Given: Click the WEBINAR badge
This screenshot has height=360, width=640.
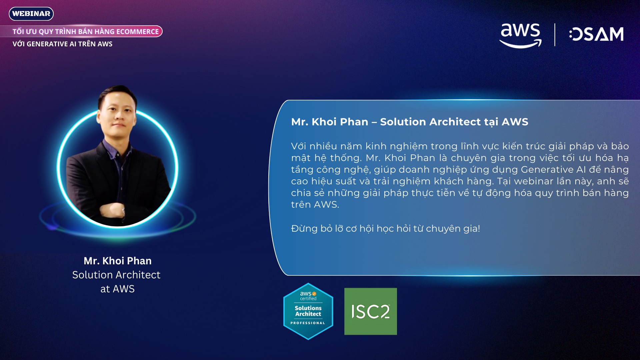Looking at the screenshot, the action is coord(31,14).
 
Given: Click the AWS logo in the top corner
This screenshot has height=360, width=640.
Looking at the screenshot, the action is coord(520,35).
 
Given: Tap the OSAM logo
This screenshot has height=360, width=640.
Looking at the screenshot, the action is coord(596,34).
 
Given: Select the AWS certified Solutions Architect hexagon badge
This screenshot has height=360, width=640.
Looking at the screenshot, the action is coord(308,311).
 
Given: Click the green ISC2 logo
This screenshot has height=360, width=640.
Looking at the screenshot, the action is coord(371,311).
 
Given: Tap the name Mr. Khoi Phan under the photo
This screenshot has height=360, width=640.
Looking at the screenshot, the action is coord(118,261).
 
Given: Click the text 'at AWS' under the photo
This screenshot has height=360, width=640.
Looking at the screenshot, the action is coord(118,289).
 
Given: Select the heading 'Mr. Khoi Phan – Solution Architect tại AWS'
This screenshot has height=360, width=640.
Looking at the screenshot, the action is coord(410,122).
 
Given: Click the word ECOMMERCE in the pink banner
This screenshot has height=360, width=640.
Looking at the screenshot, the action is coord(138,32).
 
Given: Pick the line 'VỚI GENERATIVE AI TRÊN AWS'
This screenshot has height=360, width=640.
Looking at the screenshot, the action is coord(62,44).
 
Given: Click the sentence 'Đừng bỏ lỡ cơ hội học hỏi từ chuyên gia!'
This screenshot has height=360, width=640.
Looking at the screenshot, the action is coord(386,229).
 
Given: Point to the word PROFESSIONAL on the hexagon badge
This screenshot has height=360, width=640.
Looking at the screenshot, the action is coord(308,323).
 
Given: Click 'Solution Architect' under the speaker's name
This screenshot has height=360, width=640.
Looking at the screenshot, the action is coord(116,275).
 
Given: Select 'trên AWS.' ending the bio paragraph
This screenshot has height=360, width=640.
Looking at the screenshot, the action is coord(315,205).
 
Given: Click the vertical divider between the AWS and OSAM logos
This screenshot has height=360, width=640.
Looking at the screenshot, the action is coord(555,35).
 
